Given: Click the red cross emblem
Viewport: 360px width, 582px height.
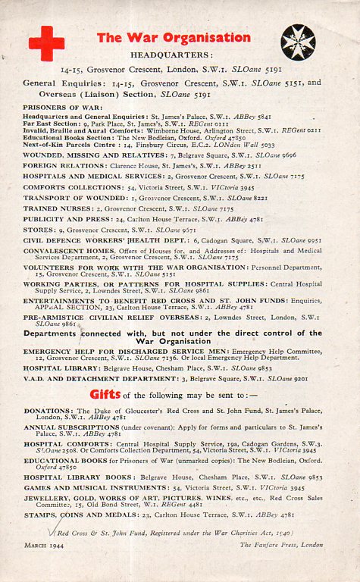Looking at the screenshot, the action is click(46, 42).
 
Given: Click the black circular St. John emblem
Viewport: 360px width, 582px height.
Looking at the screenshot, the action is click(298, 42).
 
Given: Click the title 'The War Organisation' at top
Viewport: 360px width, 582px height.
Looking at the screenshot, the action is click(174, 37).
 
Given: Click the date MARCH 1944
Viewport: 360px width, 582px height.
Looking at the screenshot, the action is click(43, 545).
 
